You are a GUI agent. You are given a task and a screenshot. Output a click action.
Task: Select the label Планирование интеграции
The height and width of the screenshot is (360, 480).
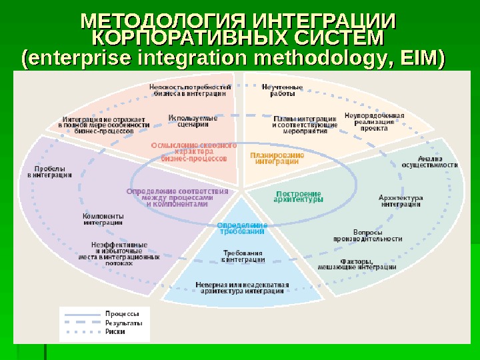pyautogui.click(x=277, y=157)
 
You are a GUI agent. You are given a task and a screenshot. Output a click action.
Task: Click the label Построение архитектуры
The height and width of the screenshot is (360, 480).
pyautogui.click(x=299, y=196)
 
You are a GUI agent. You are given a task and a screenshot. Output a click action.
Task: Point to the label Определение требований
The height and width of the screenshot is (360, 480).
pyautogui.click(x=242, y=228)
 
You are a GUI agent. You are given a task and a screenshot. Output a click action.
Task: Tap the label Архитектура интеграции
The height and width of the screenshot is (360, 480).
pyautogui.click(x=401, y=201)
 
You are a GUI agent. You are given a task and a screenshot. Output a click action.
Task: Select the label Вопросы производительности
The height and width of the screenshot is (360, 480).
pyautogui.click(x=367, y=234)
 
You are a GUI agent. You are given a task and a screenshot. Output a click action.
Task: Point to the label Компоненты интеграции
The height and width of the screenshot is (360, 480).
pyautogui.click(x=103, y=219)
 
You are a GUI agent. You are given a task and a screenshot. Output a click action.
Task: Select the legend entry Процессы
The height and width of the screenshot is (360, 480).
pyautogui.click(x=123, y=313)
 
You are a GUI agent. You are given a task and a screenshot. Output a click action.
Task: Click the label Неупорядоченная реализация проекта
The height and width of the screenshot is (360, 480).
pyautogui.click(x=374, y=121)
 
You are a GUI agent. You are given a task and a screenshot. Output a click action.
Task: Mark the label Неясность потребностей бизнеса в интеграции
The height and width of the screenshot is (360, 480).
pyautogui.click(x=191, y=90)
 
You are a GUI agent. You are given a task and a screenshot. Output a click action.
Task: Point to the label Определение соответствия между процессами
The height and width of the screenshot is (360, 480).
pyautogui.click(x=177, y=197)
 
